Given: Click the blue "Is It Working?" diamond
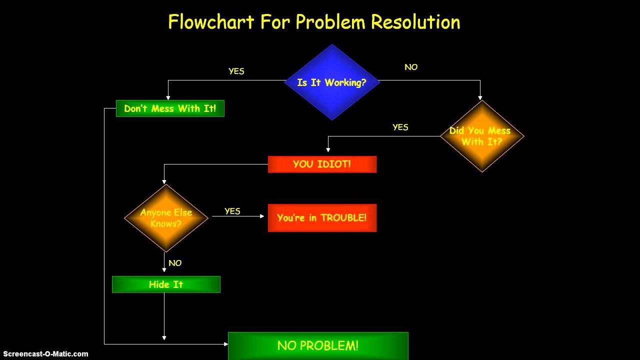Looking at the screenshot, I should [332, 82].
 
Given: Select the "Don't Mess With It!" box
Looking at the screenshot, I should [170, 108].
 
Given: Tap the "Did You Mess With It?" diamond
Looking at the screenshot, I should [482, 136].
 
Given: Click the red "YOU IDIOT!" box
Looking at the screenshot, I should [322, 164].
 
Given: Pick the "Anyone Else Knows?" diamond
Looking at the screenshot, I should [166, 218].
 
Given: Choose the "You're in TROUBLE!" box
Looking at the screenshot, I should [322, 218].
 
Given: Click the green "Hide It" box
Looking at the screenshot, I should [166, 284].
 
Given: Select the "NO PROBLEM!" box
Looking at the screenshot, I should [318, 345].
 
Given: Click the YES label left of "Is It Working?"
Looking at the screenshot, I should [236, 71].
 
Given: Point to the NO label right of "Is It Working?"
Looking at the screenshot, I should [411, 67].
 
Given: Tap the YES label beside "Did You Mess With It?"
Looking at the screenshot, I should [400, 127].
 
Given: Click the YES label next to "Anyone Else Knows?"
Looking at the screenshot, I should [232, 211].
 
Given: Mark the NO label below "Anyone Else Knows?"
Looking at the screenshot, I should [175, 263].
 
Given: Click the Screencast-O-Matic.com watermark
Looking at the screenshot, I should [45, 354].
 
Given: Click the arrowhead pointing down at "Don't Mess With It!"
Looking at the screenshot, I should [168, 97].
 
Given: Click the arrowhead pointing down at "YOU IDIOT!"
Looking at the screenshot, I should [328, 149].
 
